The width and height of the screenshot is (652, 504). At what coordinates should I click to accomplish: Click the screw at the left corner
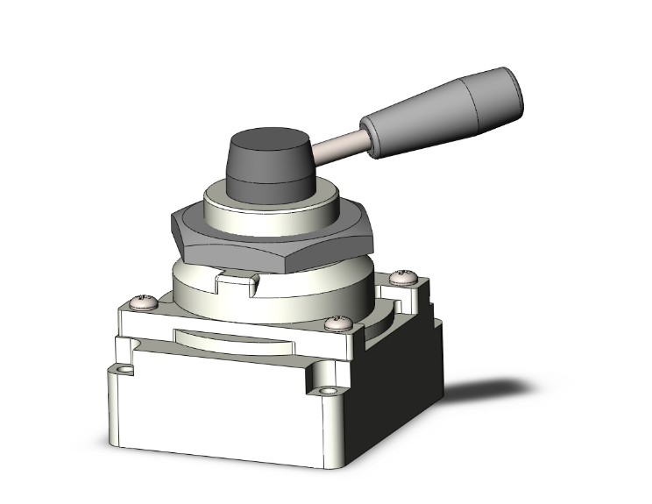(143, 302)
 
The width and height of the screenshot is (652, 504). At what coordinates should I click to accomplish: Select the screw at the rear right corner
(403, 277)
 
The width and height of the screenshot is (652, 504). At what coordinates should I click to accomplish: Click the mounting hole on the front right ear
(329, 391)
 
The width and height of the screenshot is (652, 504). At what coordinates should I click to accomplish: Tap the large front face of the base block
(219, 412)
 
